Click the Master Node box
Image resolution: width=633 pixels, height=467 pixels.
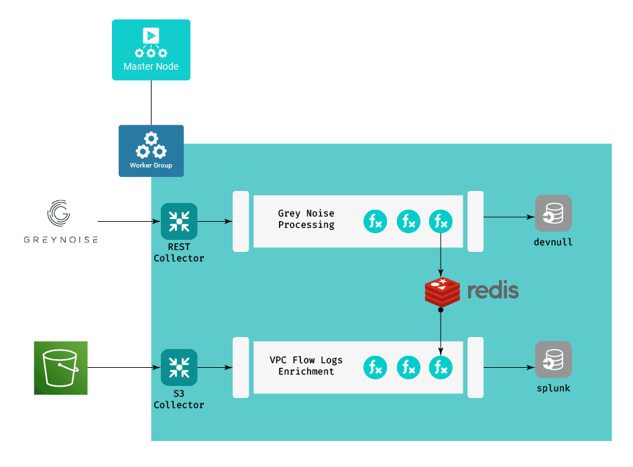click(x=151, y=50)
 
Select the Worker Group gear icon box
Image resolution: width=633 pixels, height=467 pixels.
click(x=151, y=150)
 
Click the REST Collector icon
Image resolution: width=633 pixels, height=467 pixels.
click(x=179, y=221)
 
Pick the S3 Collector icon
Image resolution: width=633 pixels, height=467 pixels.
click(x=179, y=367)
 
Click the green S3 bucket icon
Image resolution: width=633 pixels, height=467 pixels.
click(x=61, y=367)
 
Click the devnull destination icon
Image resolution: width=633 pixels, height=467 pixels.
click(x=553, y=213)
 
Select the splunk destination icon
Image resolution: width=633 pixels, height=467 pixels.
click(x=553, y=360)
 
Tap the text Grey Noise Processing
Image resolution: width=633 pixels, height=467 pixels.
click(x=306, y=219)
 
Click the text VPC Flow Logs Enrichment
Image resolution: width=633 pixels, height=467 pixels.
click(x=306, y=366)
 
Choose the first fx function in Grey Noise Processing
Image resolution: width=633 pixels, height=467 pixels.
click(x=375, y=222)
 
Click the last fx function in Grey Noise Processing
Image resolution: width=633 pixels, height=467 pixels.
click(x=441, y=222)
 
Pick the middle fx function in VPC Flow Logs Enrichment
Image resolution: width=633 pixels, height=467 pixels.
click(x=408, y=367)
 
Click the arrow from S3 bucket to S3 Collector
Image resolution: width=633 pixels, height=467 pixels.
click(x=124, y=367)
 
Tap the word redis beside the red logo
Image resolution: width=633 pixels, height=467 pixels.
click(x=493, y=291)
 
